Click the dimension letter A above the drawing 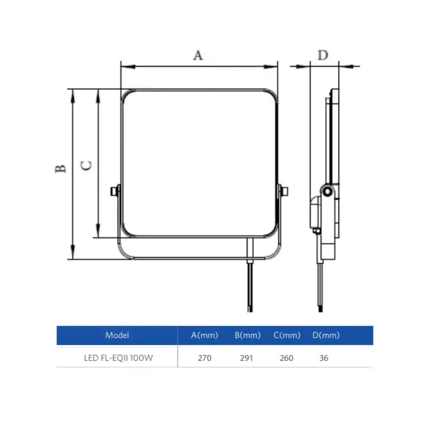(x=198, y=55)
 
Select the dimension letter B (x=61, y=168)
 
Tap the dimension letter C (x=86, y=165)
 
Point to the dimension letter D (x=323, y=55)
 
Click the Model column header (x=117, y=335)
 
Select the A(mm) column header (x=204, y=335)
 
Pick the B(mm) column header (x=247, y=335)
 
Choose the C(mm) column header (x=287, y=335)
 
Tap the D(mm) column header (x=326, y=335)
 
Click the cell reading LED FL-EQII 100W (x=118, y=358)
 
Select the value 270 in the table (x=204, y=358)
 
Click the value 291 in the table (x=246, y=358)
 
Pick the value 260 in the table (x=286, y=358)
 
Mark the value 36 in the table (x=323, y=358)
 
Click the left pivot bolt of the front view (x=113, y=191)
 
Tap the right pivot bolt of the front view (x=285, y=191)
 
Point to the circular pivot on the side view (x=327, y=191)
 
